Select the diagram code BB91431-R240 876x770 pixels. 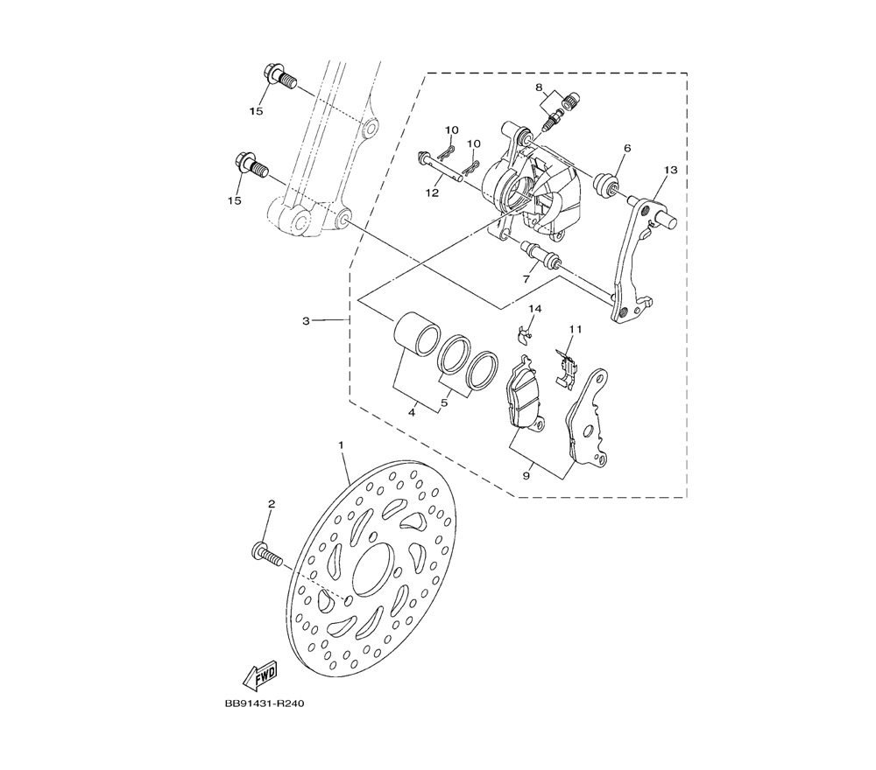(x=265, y=703)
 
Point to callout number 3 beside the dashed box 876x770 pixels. (x=306, y=321)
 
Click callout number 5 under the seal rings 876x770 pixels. (x=445, y=402)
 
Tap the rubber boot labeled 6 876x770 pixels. (x=606, y=185)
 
